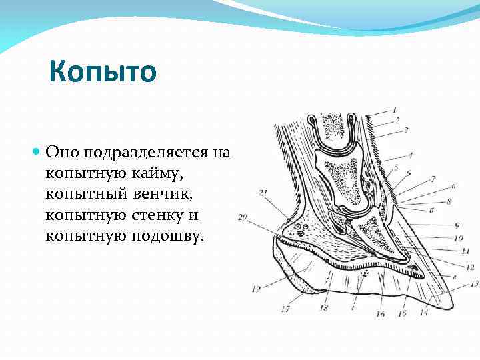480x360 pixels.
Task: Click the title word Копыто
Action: coord(103,71)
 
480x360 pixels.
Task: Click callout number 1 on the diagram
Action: coord(394,109)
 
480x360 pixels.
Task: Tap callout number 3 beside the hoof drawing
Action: coord(406,130)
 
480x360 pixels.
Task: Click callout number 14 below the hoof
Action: coord(423,312)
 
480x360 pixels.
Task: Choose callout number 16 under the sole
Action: coord(381,313)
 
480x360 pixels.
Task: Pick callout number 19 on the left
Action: coord(256,289)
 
